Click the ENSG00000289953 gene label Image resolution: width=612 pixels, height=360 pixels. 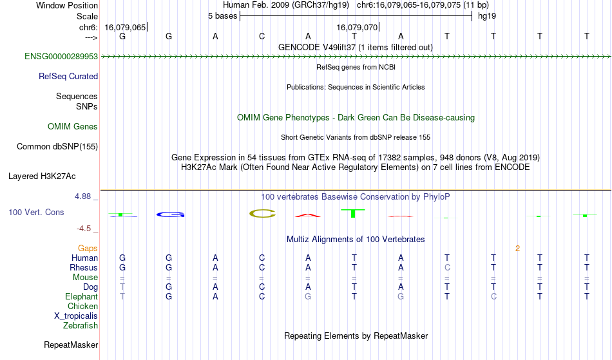[61, 57]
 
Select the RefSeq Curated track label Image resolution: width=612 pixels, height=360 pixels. [68, 77]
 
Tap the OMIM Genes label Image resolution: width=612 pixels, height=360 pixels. [73, 127]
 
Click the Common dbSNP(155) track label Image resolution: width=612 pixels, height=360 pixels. [57, 147]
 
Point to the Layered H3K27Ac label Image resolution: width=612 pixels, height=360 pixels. [42, 176]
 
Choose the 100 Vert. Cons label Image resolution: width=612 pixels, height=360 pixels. [36, 212]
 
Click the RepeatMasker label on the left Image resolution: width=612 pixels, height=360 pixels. [71, 345]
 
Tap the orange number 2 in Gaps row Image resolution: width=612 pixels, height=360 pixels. [517, 249]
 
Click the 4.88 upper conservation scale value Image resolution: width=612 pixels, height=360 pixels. [82, 196]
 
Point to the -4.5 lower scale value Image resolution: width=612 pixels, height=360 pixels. [84, 229]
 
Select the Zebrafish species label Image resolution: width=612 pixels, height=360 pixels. [81, 326]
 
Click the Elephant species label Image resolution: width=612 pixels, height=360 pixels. [82, 297]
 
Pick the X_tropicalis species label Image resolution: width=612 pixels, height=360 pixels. [76, 316]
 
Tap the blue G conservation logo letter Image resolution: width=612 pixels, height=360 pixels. [170, 214]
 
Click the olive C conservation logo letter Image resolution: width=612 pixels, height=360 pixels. [262, 213]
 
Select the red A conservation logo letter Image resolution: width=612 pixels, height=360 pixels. [308, 215]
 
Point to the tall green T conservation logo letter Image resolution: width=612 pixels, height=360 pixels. [353, 213]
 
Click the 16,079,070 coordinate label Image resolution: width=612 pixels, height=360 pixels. [357, 27]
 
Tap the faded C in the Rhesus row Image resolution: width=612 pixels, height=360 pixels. [447, 267]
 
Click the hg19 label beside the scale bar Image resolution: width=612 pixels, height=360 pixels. [487, 16]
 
